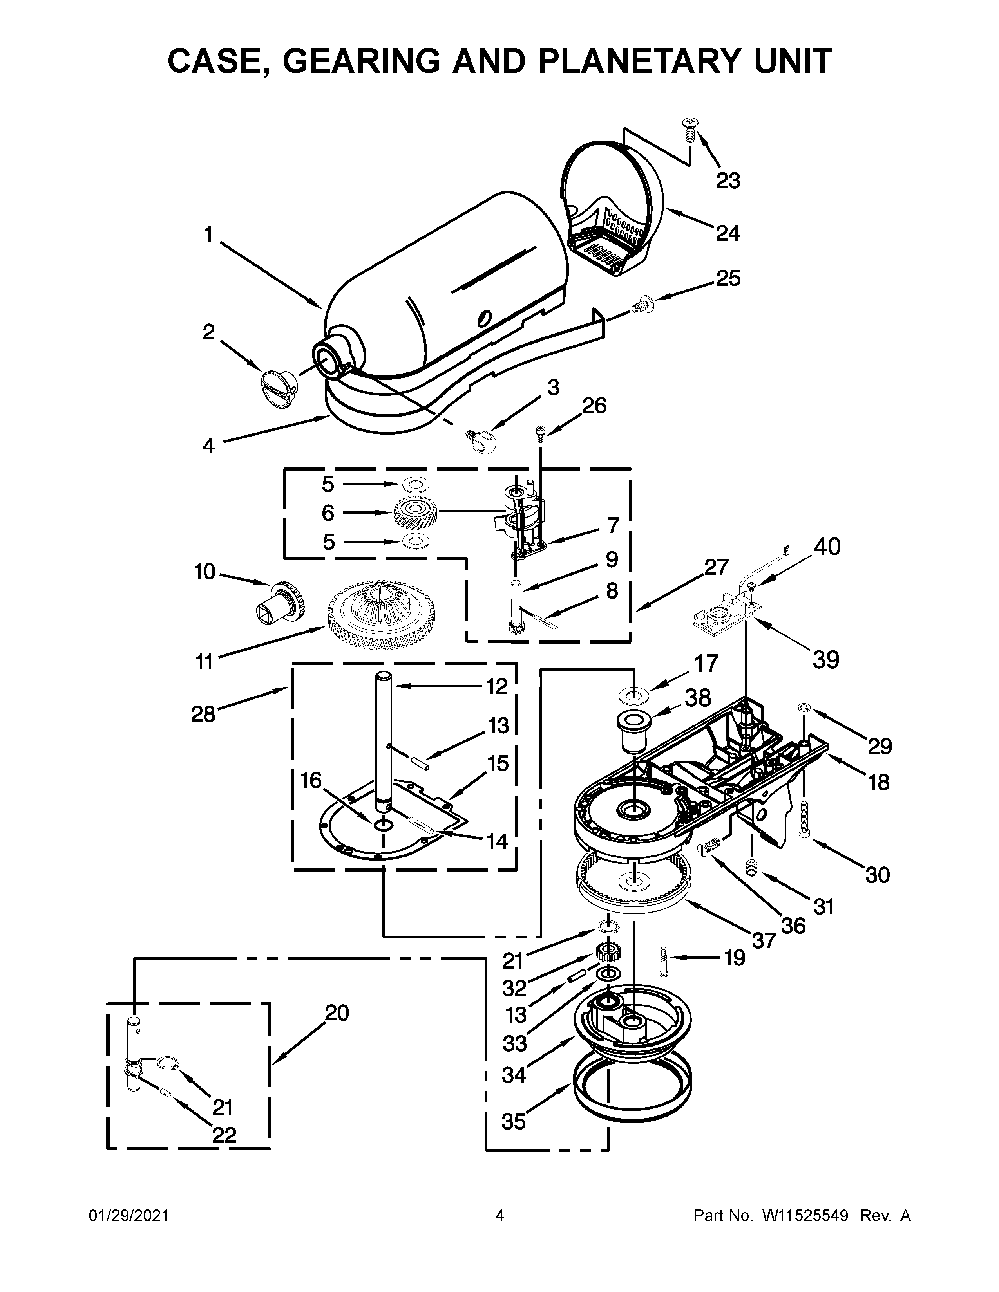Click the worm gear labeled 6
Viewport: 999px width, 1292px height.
[x=415, y=512]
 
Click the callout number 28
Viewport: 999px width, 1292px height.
[x=203, y=715]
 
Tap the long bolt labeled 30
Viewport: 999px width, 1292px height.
[x=804, y=819]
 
